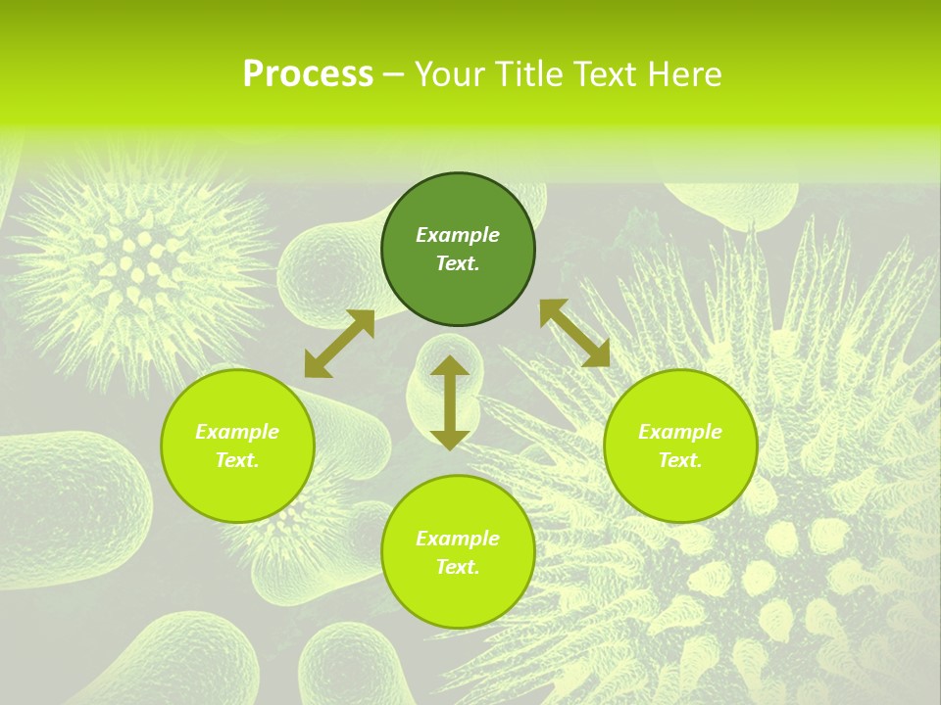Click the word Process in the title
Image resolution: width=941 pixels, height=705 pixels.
click(308, 74)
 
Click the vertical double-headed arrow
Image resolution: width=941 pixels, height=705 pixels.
click(450, 402)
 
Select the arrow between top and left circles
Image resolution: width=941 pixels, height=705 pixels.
click(339, 344)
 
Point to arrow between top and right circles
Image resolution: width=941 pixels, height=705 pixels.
click(574, 333)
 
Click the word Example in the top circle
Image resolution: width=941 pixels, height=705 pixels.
click(458, 235)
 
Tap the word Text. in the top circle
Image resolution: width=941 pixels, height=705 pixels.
click(458, 263)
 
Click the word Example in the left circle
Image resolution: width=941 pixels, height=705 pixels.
click(237, 432)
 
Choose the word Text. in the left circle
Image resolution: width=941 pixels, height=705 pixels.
click(237, 460)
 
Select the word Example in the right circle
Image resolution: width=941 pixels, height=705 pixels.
click(680, 432)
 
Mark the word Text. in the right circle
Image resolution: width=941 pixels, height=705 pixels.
click(680, 460)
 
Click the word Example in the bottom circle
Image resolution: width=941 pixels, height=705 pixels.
click(458, 539)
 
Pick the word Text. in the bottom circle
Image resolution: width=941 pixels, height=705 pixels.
click(458, 567)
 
